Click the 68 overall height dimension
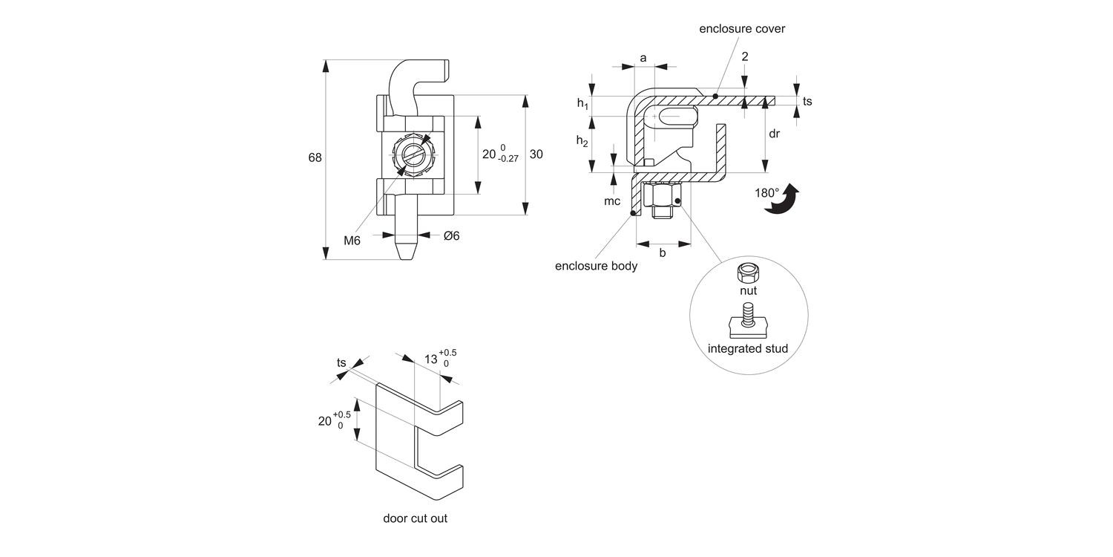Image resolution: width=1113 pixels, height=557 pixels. click(x=315, y=157)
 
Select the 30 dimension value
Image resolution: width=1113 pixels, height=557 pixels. click(x=536, y=154)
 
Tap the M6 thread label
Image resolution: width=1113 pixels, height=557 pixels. click(x=352, y=240)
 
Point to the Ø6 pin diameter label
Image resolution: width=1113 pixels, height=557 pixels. click(x=451, y=235)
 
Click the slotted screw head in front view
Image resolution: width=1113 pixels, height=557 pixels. click(x=413, y=154)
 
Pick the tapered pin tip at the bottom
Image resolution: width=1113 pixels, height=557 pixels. click(x=405, y=250)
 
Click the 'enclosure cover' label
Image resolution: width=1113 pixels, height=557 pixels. click(x=741, y=29)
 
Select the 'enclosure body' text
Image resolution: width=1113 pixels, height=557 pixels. click(x=596, y=266)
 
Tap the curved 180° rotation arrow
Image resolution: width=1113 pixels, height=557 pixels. click(x=784, y=200)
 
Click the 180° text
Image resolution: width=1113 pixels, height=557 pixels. click(x=766, y=192)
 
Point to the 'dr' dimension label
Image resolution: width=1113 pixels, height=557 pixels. click(x=774, y=134)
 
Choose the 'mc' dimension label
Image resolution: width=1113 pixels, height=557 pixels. click(x=611, y=201)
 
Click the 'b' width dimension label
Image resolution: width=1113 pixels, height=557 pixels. click(x=663, y=253)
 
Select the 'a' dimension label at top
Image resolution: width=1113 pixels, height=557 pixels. click(x=643, y=57)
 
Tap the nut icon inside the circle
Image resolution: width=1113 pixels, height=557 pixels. click(x=748, y=273)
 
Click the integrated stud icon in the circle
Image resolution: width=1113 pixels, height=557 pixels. click(x=747, y=320)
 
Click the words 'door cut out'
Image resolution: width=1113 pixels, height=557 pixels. click(x=415, y=518)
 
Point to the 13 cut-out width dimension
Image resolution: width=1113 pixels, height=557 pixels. click(x=430, y=359)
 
